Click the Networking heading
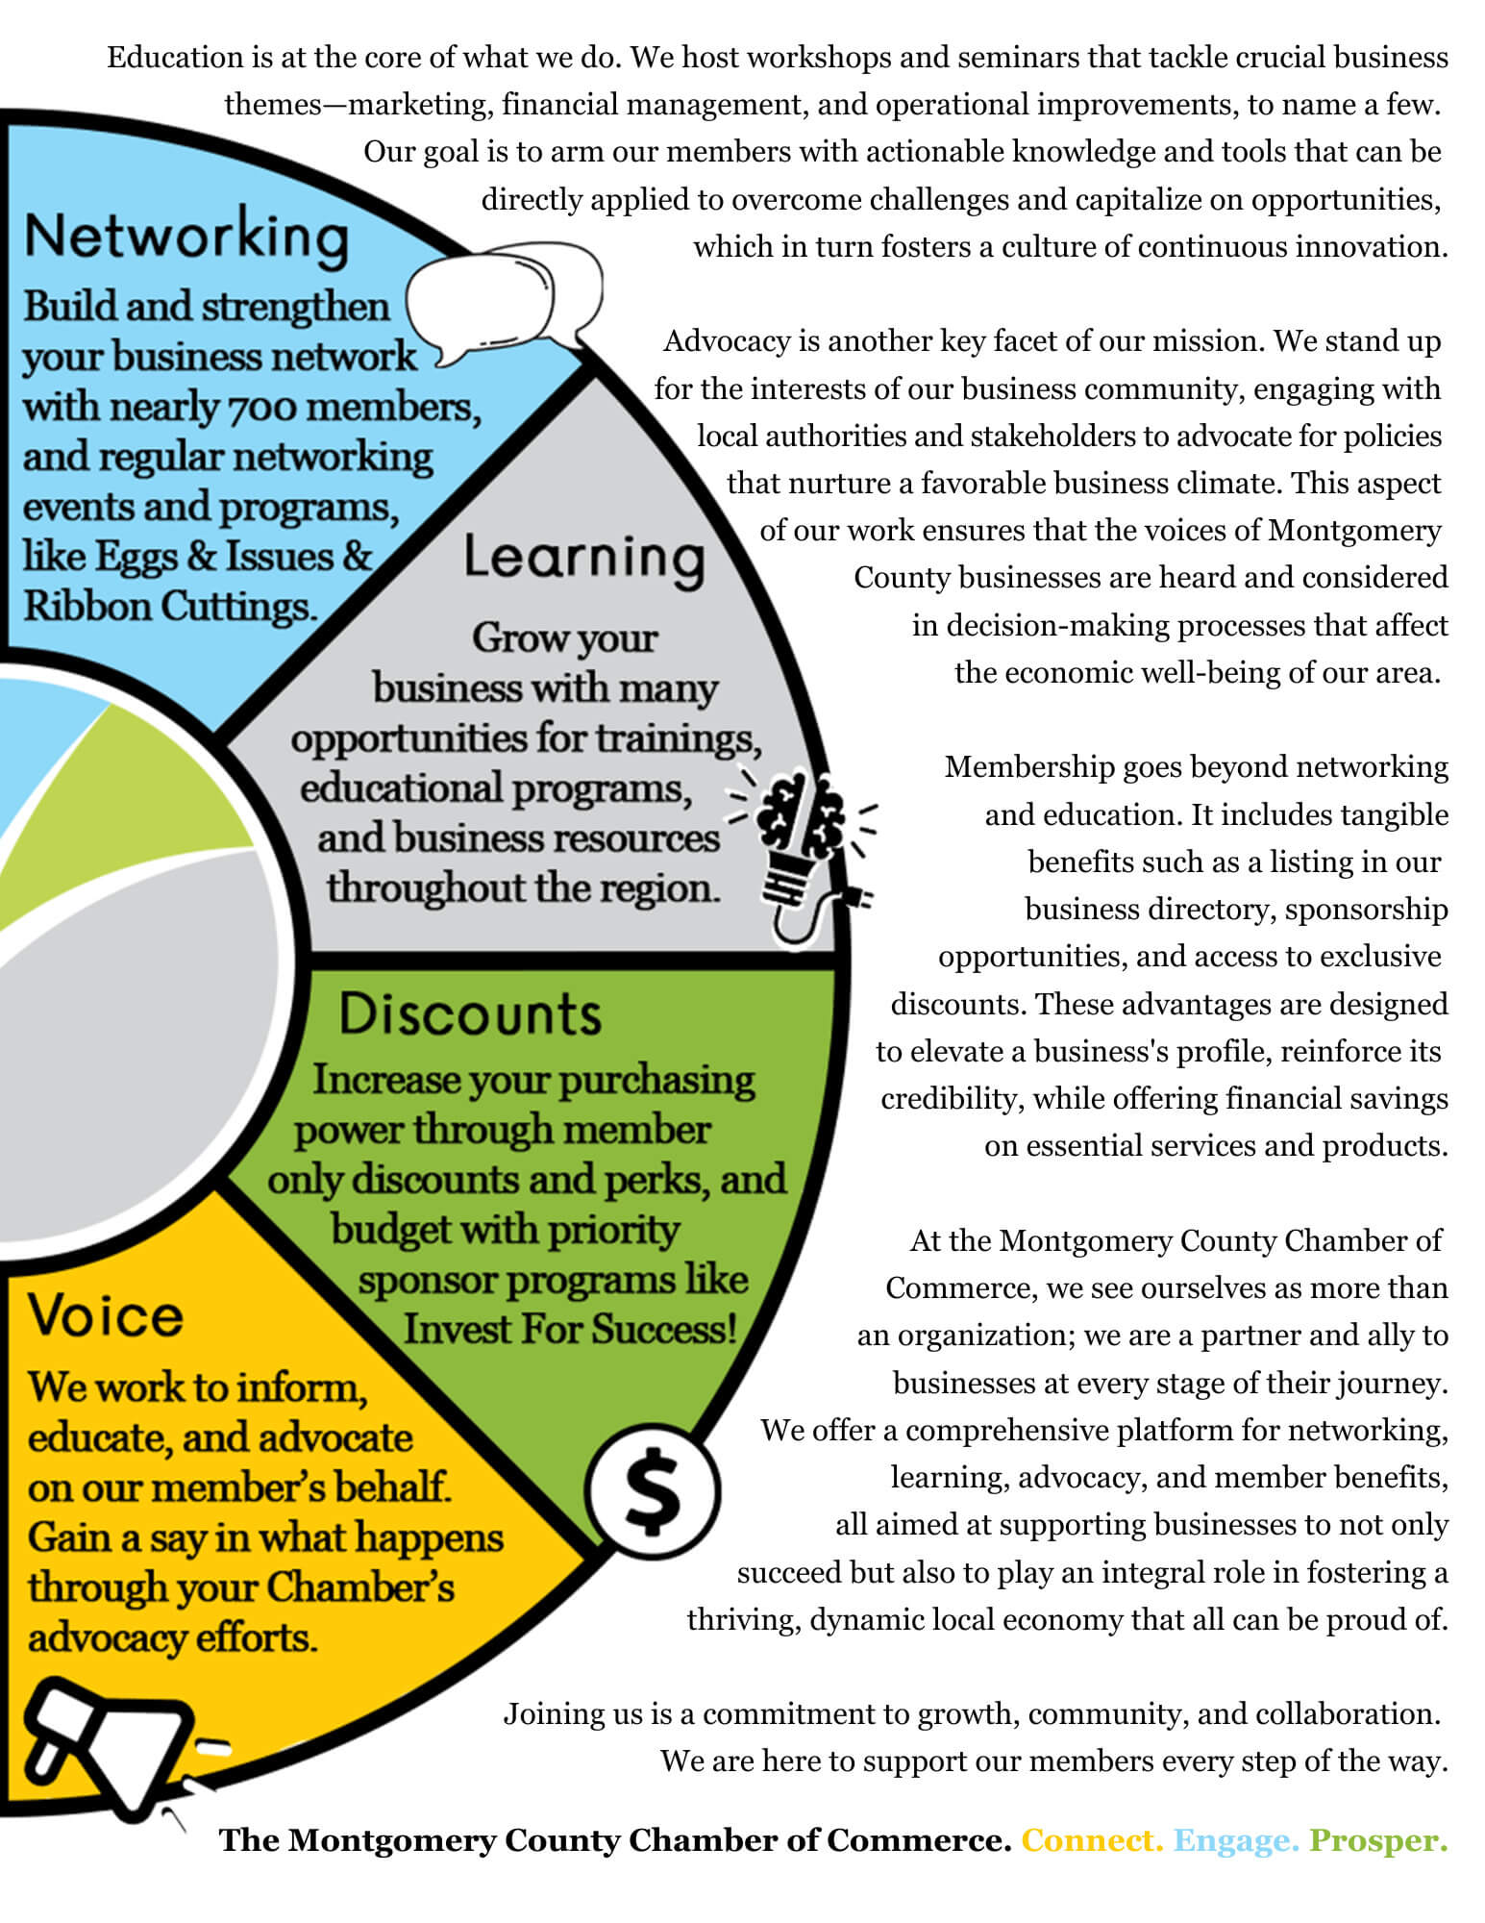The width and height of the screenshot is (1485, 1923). pos(186,237)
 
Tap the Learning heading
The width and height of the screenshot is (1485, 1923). pos(584,559)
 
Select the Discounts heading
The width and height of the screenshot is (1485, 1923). pos(470,1013)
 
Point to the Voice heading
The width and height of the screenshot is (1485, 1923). pos(105,1314)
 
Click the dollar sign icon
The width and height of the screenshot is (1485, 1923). pos(653,1491)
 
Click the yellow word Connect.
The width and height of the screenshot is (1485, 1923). pos(1092,1840)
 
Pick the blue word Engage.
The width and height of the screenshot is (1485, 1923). pos(1236,1840)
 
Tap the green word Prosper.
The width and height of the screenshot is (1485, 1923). pos(1378,1840)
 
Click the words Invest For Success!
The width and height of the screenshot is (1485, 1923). pos(570,1330)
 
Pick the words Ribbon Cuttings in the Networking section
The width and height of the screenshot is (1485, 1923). pos(169,607)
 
